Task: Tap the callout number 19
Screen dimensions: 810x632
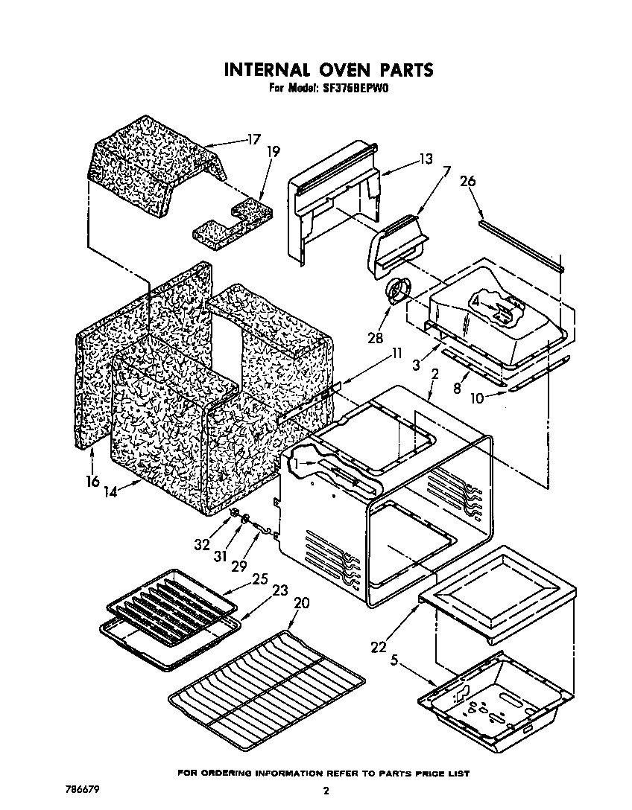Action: tap(273, 152)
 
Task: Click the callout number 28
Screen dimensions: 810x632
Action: tap(375, 337)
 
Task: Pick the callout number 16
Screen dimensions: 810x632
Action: tap(92, 481)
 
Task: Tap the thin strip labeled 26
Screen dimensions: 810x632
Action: tap(522, 245)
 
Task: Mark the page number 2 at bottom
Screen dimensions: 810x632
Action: tap(326, 791)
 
